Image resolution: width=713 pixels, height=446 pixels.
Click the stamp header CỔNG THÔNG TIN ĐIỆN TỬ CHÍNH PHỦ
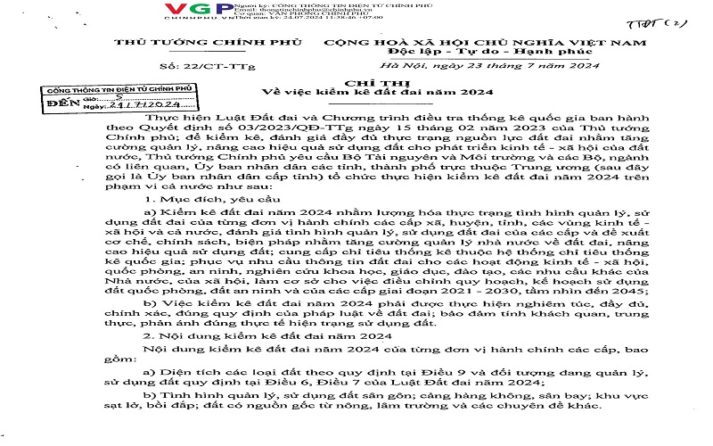point(108,91)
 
